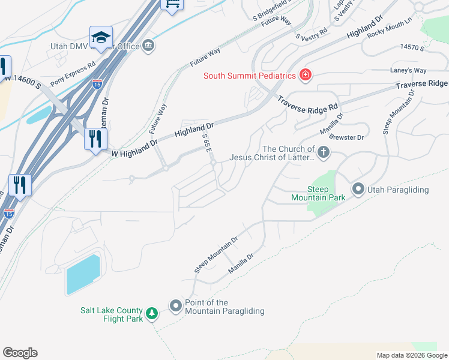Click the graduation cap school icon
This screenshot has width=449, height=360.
[101, 37]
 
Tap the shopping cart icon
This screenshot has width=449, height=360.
[172, 5]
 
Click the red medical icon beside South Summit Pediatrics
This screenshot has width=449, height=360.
[306, 75]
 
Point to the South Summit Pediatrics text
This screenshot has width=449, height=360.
[250, 76]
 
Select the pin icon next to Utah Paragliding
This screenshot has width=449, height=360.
[358, 190]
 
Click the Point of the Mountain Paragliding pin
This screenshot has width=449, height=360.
[176, 307]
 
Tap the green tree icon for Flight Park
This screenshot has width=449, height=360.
[152, 314]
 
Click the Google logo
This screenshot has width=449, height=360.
[20, 353]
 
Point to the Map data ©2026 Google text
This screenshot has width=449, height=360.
[411, 355]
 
